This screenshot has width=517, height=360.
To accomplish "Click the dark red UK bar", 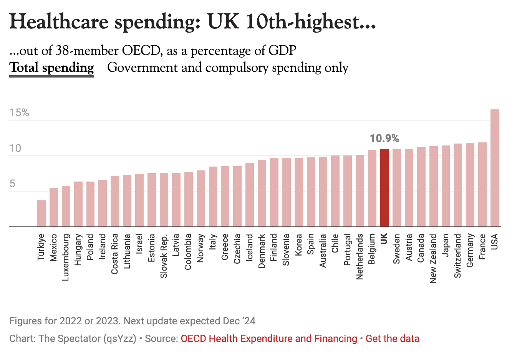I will [384, 188].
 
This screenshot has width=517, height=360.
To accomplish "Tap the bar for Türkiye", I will [41, 213].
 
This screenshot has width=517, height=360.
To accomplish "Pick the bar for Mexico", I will [54, 207].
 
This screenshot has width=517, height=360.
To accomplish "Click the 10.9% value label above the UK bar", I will [384, 139].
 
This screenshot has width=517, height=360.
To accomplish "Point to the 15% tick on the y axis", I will [19, 113].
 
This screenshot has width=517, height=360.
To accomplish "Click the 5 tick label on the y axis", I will [13, 184].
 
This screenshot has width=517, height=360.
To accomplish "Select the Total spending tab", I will [51, 68].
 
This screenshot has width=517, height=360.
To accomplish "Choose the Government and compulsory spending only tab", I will [228, 68].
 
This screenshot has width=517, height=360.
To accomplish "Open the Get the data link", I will [392, 339].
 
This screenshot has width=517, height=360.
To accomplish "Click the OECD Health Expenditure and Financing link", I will [269, 339].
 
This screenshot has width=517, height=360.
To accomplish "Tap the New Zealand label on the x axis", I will [433, 258].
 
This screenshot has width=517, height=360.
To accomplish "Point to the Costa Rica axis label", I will [114, 254].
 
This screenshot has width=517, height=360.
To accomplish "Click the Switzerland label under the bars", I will [457, 256].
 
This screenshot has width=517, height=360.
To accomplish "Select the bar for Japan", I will [446, 186].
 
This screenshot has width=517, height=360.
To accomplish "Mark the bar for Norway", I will [201, 198].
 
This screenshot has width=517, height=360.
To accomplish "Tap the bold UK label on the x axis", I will [384, 239].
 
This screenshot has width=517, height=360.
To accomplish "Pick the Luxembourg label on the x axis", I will [66, 257].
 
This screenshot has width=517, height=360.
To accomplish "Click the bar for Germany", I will [470, 185].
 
